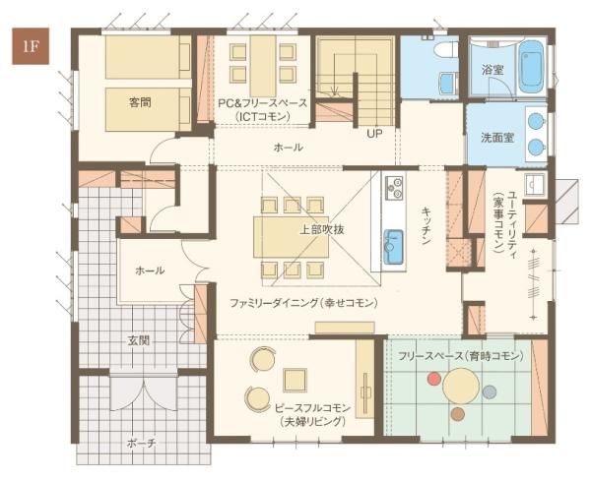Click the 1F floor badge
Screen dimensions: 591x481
(x=31, y=46)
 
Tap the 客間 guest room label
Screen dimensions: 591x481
(x=140, y=102)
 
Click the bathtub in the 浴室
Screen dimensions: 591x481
(x=531, y=67)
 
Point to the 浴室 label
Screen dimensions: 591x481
(x=492, y=69)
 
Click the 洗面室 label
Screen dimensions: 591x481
(x=497, y=137)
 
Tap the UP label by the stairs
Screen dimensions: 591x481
(x=374, y=133)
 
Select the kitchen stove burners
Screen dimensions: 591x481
(x=394, y=187)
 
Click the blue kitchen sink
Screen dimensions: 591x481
(x=393, y=247)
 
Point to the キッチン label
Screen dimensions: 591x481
(x=427, y=225)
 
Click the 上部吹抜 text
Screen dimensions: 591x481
(x=322, y=229)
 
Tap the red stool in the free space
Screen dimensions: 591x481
(x=434, y=379)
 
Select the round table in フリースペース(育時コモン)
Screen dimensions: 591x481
(x=461, y=387)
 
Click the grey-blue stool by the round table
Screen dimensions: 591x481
(x=490, y=391)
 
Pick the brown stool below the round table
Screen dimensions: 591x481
(x=458, y=414)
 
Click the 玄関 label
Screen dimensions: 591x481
(x=138, y=340)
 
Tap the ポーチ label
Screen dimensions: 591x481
(x=141, y=444)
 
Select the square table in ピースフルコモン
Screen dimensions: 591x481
(x=295, y=380)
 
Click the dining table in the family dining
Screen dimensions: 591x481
(x=291, y=237)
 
